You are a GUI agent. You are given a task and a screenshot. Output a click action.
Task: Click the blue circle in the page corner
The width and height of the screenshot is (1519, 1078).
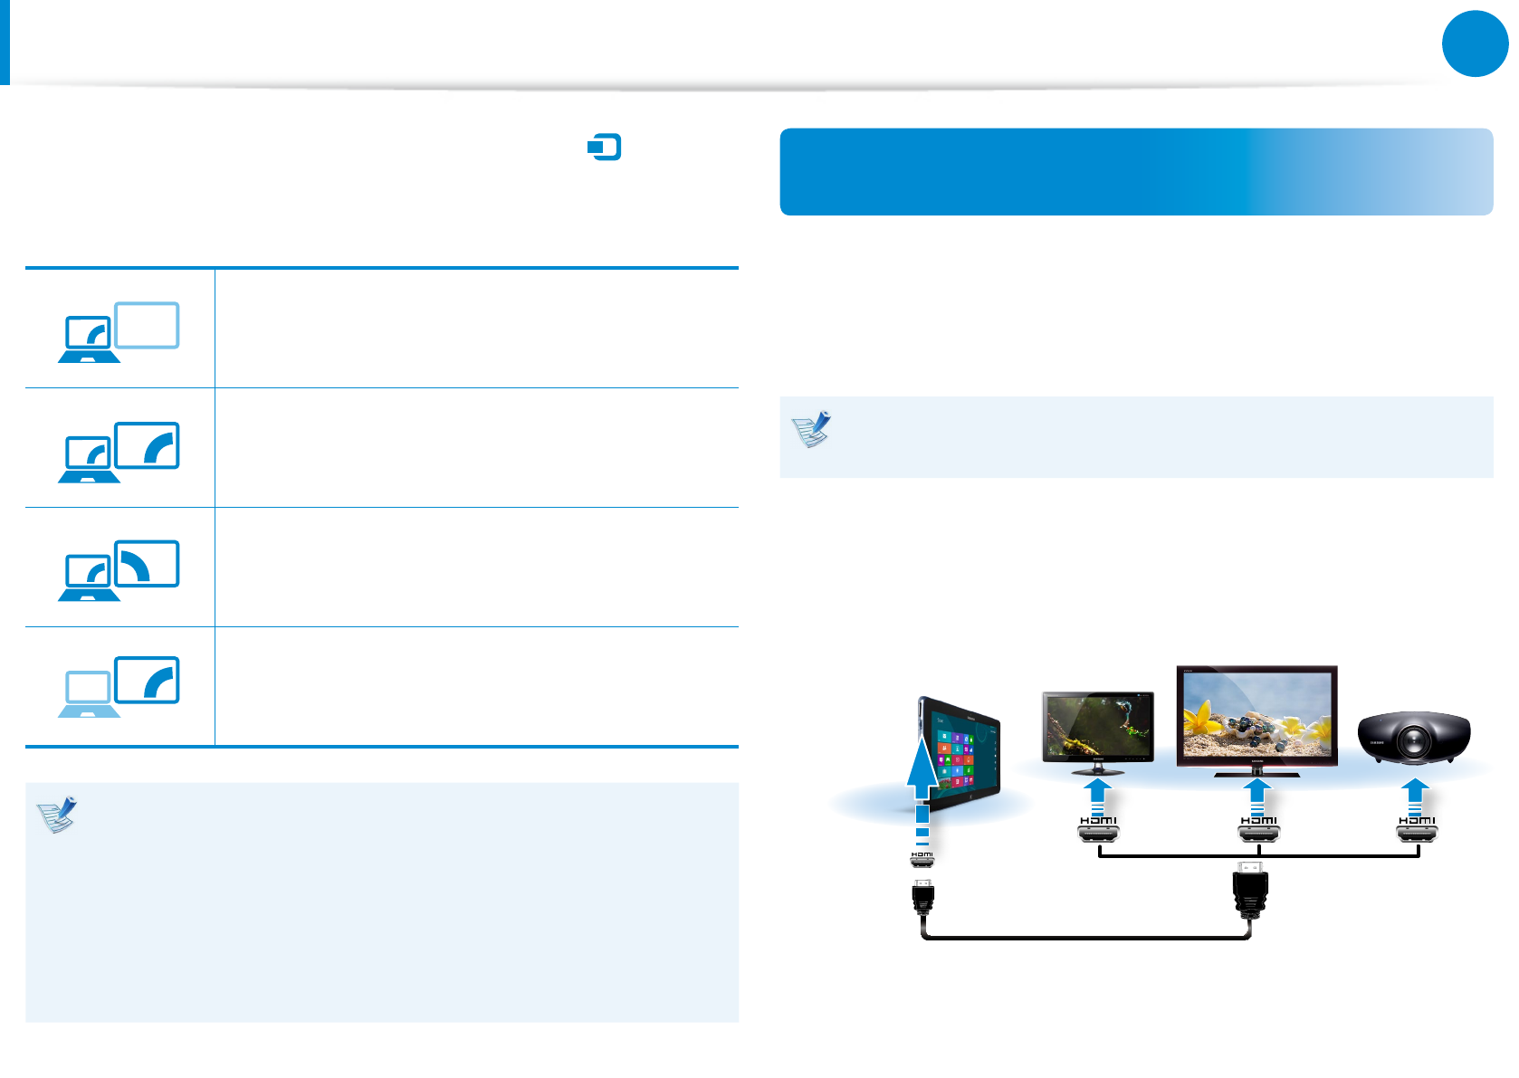tap(1475, 43)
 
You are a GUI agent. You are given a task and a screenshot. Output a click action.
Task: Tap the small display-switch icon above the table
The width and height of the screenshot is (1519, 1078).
tap(604, 147)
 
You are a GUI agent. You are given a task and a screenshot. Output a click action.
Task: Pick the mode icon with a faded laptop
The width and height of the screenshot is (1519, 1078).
tap(119, 686)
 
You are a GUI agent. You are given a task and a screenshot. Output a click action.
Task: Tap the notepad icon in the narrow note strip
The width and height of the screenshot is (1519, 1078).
tap(812, 430)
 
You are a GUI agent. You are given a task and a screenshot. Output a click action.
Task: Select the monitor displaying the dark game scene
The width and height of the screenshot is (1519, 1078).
tap(1098, 726)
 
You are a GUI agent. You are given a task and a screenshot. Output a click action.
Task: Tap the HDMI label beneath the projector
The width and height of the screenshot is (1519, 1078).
tap(1417, 821)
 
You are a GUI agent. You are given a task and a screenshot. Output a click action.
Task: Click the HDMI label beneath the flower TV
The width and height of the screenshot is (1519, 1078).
tap(1257, 821)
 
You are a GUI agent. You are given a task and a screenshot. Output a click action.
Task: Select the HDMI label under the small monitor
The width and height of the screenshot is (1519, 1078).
tap(1098, 821)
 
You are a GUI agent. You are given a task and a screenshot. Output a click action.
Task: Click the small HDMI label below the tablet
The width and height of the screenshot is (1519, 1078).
tap(922, 854)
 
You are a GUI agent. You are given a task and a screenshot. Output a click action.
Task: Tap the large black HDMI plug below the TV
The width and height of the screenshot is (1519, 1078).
tap(1250, 892)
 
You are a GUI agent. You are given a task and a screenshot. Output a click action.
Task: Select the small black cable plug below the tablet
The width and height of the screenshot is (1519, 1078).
tap(922, 898)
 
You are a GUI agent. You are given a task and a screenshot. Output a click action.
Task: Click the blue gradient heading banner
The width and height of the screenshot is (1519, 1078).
tap(1135, 171)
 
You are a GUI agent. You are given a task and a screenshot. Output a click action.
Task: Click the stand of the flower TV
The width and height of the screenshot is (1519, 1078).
tap(1256, 772)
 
